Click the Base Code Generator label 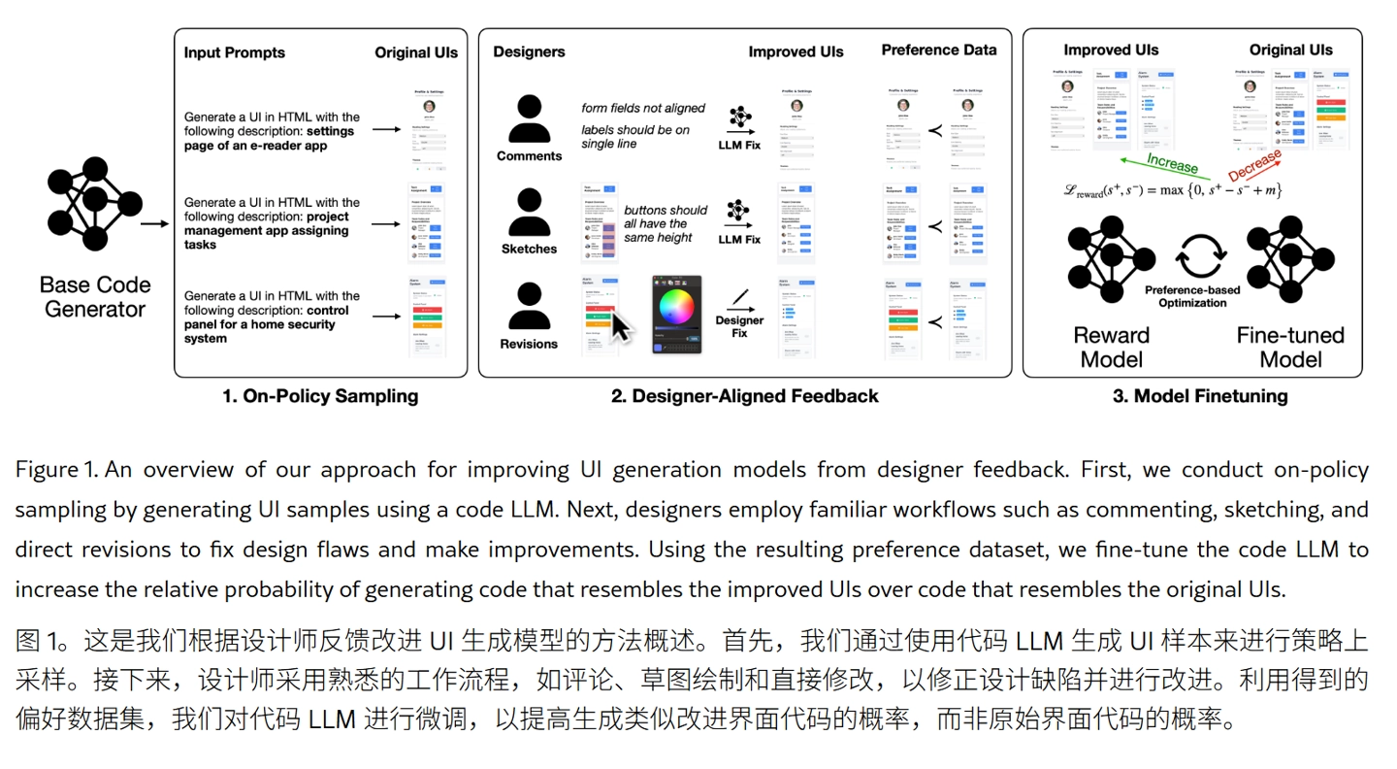coord(95,297)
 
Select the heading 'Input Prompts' coord(236,52)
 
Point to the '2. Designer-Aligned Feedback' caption coord(745,395)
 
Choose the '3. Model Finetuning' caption coord(1200,395)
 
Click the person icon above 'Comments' coord(529,120)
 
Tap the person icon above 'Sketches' coord(529,214)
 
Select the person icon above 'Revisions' coord(529,308)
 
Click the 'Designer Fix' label coord(739,326)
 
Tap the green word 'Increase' coord(1172,163)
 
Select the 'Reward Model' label coord(1111,347)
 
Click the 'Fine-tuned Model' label coord(1289,347)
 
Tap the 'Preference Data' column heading coord(938,50)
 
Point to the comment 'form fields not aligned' coord(643,108)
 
